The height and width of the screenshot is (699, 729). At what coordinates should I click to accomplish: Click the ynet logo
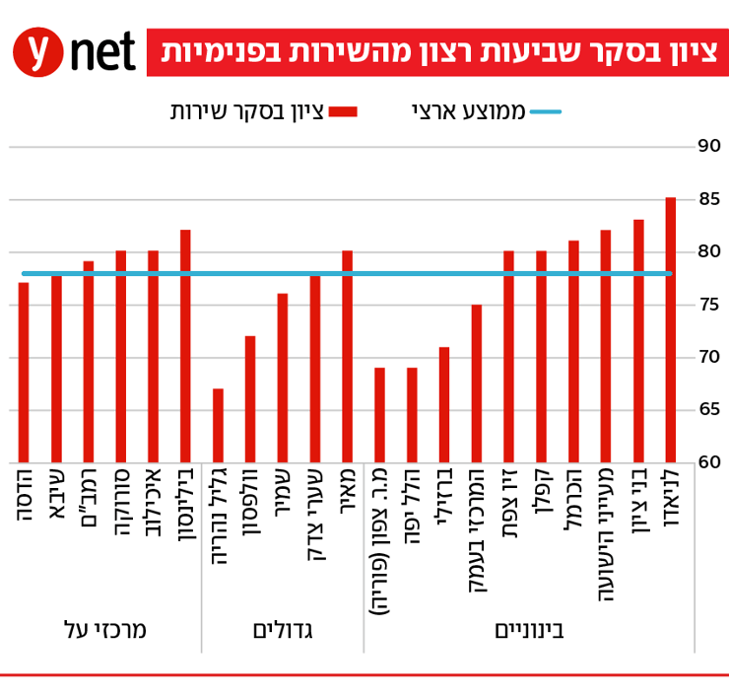pos(74,52)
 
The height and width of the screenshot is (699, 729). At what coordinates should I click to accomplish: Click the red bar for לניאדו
pos(670,330)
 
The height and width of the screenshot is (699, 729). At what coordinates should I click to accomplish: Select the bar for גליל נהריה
pos(218,425)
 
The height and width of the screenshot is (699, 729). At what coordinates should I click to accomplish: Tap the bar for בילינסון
pos(185,346)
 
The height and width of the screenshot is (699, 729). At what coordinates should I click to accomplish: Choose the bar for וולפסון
pos(250,399)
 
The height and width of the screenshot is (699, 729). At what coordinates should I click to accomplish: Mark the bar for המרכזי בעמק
pos(477,384)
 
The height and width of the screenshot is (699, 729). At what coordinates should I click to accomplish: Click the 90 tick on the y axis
pos(708,146)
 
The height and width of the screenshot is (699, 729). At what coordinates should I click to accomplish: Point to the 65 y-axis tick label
pos(708,409)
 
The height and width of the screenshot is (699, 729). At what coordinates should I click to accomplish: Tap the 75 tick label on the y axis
pos(708,305)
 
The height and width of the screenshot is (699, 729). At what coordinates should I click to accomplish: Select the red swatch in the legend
pos(344,111)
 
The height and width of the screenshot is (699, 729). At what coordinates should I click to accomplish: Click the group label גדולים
pos(283,630)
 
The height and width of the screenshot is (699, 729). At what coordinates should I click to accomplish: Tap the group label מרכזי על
pos(104,630)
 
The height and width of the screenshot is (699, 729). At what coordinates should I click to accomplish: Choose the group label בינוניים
pos(529,630)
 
